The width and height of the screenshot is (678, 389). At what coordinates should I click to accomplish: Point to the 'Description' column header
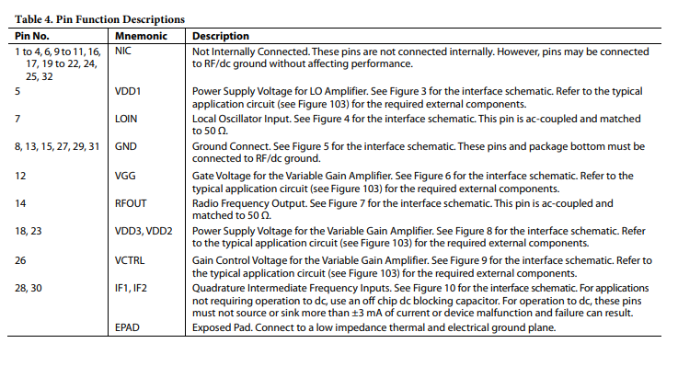(x=223, y=35)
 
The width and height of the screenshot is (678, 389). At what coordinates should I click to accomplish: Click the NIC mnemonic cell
(x=123, y=51)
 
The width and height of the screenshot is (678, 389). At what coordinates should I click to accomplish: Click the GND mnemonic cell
(x=126, y=146)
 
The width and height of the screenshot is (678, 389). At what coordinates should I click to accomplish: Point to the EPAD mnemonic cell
(x=129, y=327)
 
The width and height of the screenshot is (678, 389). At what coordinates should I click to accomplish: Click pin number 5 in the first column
(x=17, y=92)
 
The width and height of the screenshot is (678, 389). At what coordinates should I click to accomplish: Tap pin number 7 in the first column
(x=17, y=120)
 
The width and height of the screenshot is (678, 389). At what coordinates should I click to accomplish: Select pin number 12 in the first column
(x=20, y=175)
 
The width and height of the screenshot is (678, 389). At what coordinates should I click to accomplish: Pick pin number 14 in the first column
(x=20, y=202)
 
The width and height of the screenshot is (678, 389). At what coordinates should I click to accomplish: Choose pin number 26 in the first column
(x=20, y=259)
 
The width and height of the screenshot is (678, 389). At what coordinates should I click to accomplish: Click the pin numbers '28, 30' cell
(x=29, y=288)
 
